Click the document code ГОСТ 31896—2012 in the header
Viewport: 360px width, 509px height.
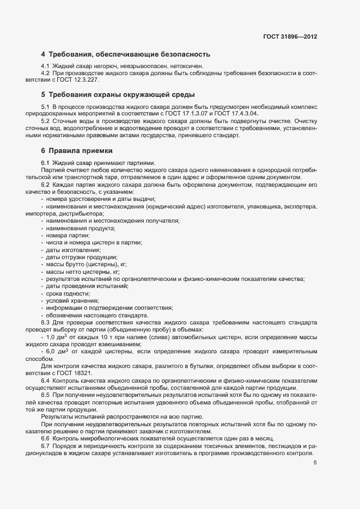click(290, 37)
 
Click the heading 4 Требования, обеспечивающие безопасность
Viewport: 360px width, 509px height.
click(125, 54)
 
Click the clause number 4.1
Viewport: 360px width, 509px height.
click(46, 66)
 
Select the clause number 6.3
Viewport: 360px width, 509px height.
click(46, 323)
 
